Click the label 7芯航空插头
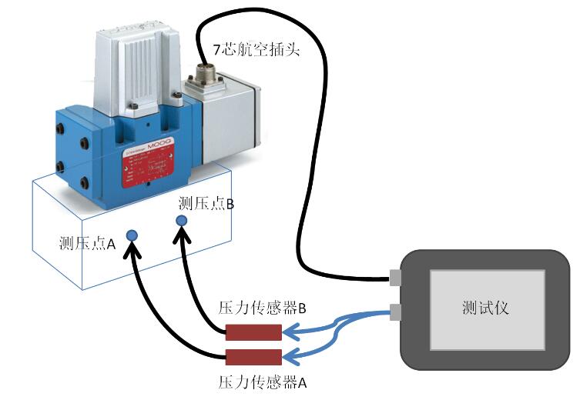click(x=256, y=51)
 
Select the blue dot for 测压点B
click(x=182, y=221)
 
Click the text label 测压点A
click(x=87, y=244)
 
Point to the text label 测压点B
click(x=206, y=203)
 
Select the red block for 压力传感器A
click(x=253, y=357)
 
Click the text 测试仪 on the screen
click(x=485, y=308)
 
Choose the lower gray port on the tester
click(x=396, y=312)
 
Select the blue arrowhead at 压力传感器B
click(x=290, y=332)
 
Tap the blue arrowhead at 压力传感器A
click(x=290, y=356)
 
